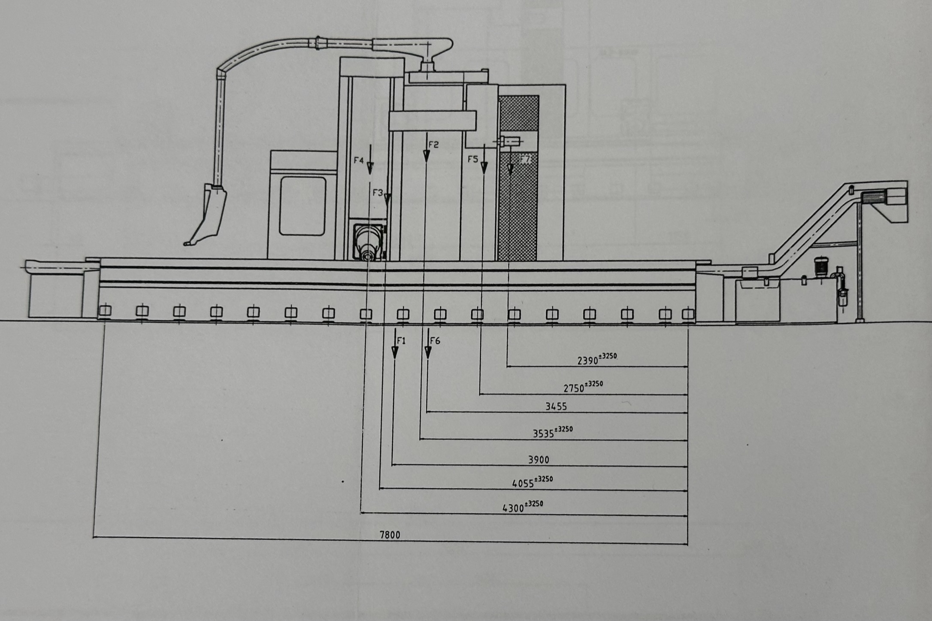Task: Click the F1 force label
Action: coord(401,341)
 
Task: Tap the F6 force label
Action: coord(435,341)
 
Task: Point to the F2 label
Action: coord(433,145)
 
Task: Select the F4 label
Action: coord(359,161)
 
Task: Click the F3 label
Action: coord(378,193)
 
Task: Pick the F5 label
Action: coord(473,160)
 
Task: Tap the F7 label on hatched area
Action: coord(525,160)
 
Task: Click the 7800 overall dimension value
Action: coord(390,535)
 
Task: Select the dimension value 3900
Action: coord(539,460)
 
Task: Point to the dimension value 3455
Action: coord(556,406)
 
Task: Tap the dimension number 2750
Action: coord(574,388)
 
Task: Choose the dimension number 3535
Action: coord(543,434)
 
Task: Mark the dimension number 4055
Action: coord(523,484)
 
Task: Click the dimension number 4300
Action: coord(513,509)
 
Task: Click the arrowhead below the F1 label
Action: coord(395,352)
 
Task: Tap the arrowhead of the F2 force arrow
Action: coord(426,157)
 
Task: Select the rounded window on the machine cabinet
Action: coord(302,206)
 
